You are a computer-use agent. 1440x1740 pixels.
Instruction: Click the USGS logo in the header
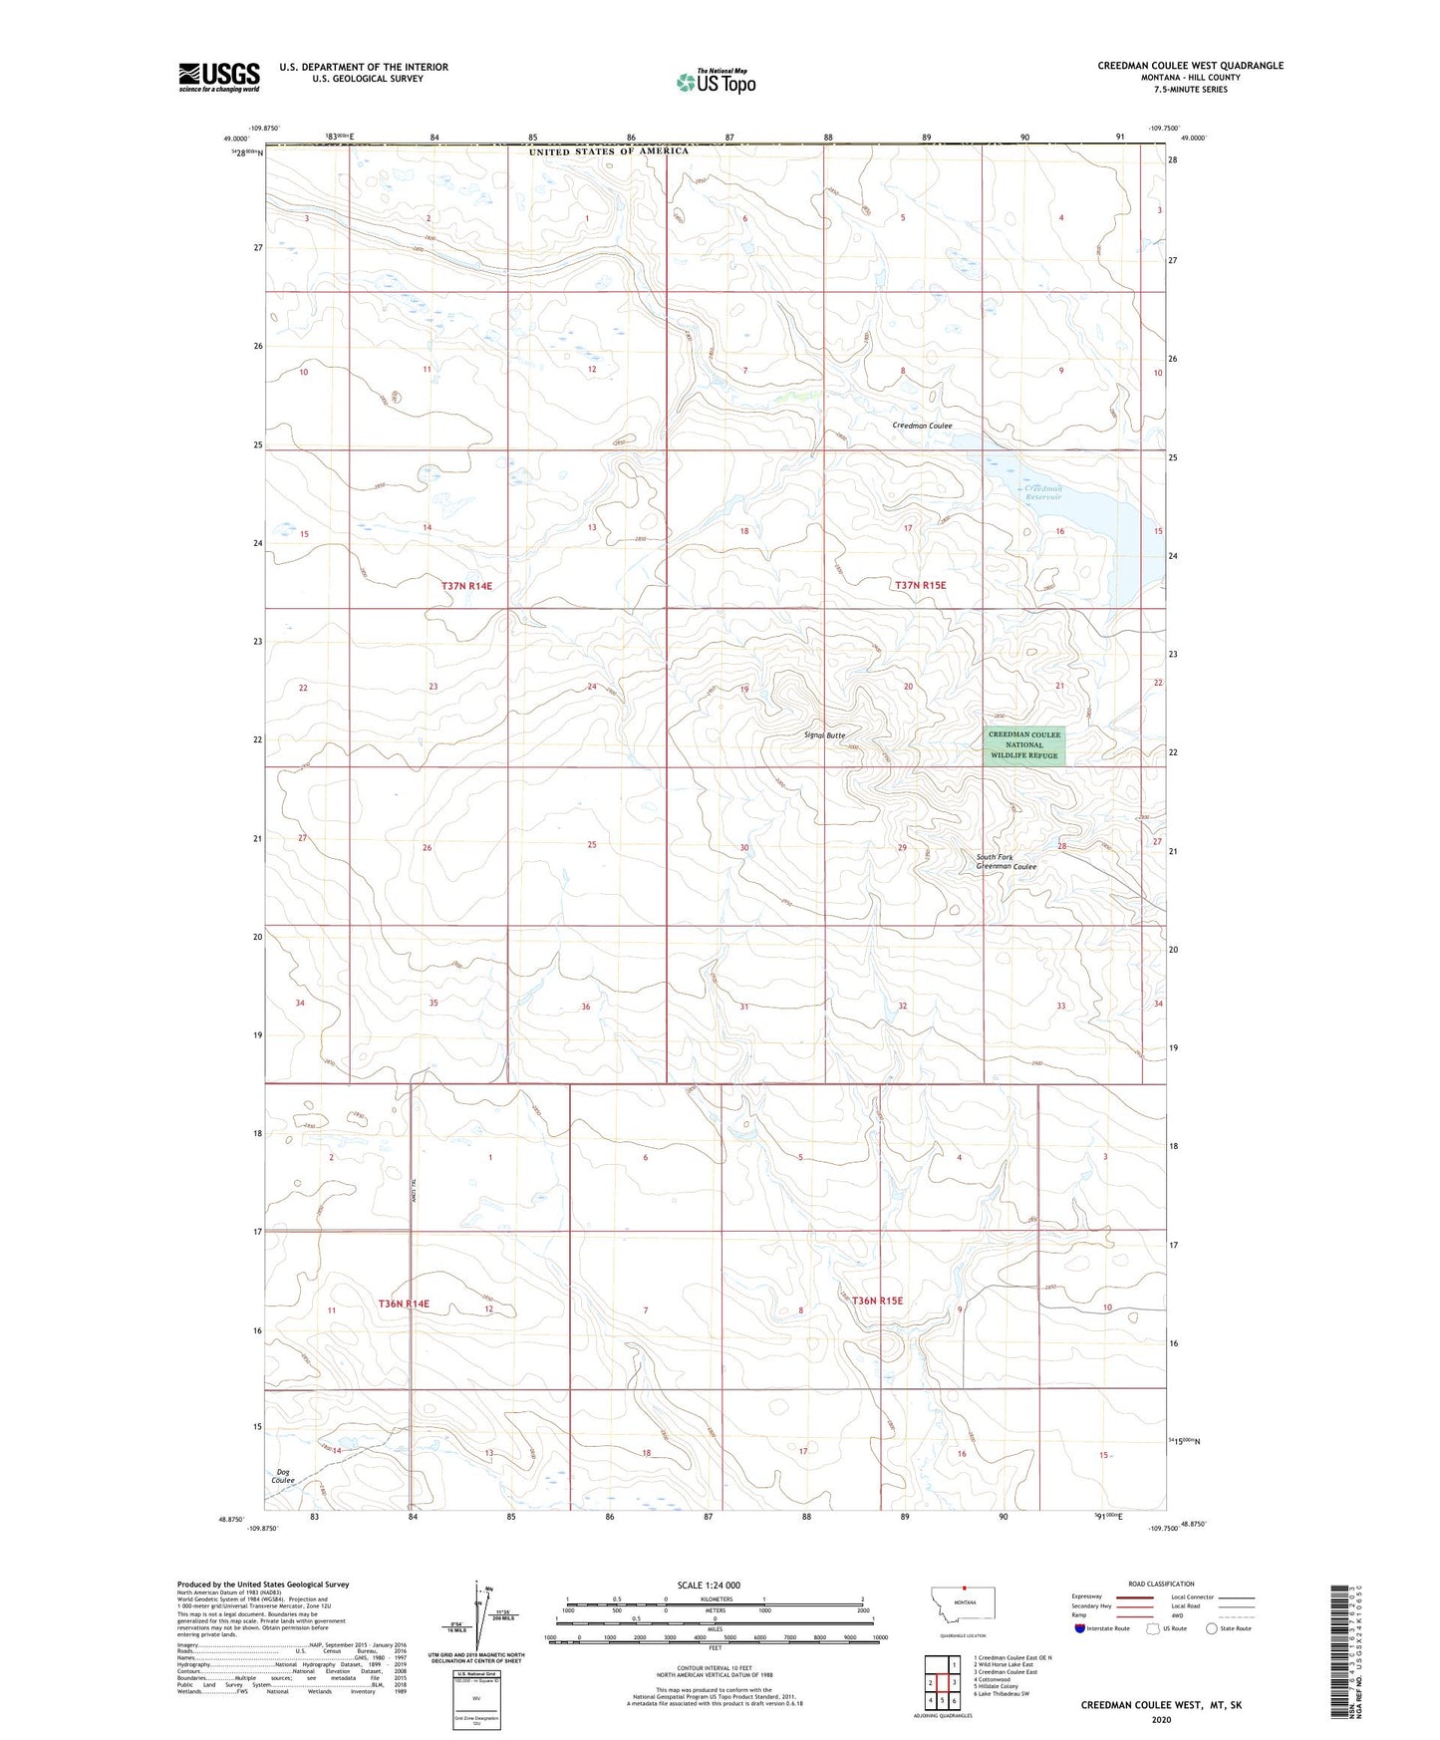219,77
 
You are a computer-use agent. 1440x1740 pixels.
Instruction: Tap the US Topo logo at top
716,82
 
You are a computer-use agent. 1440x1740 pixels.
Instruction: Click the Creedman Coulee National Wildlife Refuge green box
1025,745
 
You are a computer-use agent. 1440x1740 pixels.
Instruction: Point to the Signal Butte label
825,735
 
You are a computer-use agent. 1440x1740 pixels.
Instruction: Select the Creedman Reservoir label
1043,492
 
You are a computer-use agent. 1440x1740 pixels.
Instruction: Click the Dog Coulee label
283,1476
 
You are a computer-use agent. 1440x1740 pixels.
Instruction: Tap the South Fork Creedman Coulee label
1006,862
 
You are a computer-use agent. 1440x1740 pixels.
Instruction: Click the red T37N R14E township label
466,586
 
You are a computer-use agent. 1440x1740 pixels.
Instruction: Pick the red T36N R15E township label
877,1301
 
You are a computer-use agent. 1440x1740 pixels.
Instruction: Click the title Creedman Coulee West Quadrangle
1190,66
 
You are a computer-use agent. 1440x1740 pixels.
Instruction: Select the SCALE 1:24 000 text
709,1585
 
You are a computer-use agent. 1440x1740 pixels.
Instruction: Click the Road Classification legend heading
1161,1584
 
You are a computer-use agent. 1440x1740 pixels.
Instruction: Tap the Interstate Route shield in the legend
1081,1628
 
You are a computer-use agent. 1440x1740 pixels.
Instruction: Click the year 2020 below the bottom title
1161,1720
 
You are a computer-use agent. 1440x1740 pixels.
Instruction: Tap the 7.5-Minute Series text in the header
1190,90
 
